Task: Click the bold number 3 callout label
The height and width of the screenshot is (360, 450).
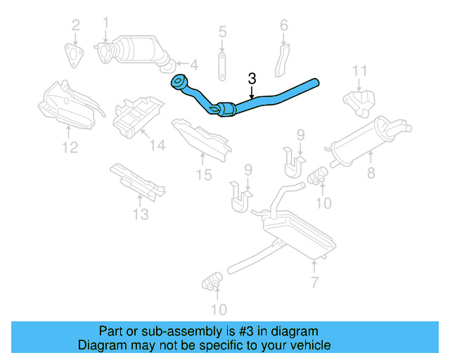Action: [252, 79]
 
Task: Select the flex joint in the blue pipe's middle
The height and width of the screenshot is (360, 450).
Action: [226, 110]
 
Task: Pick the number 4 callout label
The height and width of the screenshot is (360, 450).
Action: [193, 65]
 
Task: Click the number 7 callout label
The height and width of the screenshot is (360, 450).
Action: [314, 283]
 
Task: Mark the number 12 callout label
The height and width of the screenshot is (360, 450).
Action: [69, 147]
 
